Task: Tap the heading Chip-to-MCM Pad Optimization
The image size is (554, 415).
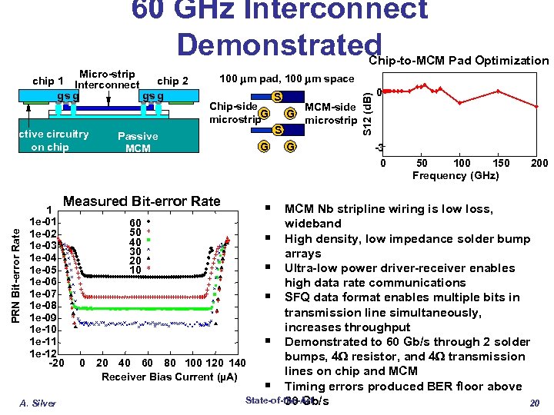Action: [x=459, y=61]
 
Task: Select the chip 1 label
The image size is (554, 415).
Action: [x=48, y=81]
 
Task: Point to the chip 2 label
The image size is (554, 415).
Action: [x=172, y=81]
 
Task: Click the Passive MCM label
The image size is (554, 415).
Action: [x=138, y=142]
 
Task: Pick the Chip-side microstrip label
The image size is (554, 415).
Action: [x=234, y=113]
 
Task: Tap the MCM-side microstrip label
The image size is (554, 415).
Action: [x=331, y=113]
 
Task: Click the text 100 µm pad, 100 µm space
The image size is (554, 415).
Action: [x=287, y=78]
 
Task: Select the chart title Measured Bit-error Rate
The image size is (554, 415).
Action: [x=142, y=201]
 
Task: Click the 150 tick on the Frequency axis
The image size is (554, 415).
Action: [x=502, y=164]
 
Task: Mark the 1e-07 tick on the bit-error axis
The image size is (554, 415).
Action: [x=40, y=294]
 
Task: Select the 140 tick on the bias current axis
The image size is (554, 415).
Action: [x=236, y=363]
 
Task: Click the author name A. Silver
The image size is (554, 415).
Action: [x=38, y=402]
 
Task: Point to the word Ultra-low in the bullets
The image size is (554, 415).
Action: [x=311, y=268]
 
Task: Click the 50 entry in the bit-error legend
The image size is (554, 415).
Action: [x=135, y=231]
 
